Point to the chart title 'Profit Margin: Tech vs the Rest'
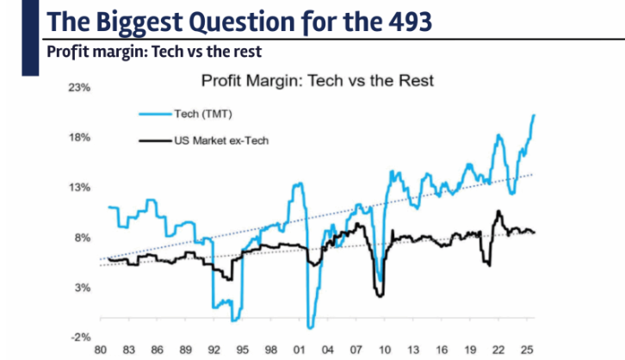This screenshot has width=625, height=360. tap(318, 82)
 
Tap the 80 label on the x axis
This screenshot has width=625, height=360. tap(101, 351)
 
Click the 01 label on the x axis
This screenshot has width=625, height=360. tap(298, 351)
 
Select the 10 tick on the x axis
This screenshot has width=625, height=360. tap(384, 351)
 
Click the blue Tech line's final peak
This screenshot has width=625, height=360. tap(535, 115)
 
